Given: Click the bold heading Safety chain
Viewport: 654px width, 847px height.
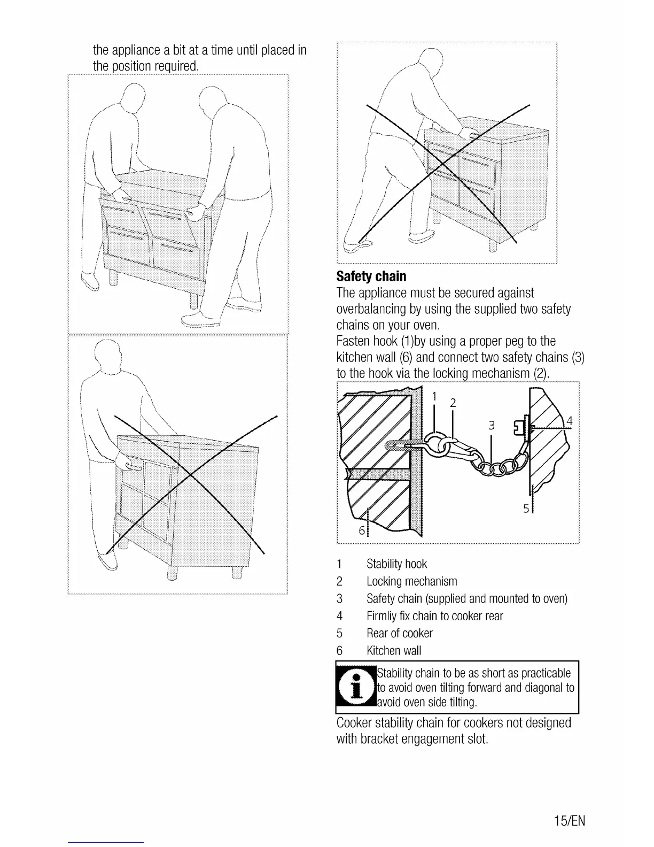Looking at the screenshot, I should (371, 276).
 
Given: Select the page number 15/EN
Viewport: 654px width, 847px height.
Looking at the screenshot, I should (569, 821).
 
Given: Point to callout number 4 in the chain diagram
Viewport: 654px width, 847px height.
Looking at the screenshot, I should (570, 421).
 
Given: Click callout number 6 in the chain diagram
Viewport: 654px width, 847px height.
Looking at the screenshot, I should (362, 530).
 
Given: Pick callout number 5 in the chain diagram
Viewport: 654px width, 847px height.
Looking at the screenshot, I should (526, 509).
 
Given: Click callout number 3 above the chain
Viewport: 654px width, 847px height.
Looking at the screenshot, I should (492, 426).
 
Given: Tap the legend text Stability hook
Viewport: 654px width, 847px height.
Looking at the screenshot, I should (396, 564).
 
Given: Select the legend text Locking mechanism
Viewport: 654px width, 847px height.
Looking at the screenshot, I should (411, 581).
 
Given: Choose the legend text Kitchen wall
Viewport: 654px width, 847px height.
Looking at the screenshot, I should (393, 651).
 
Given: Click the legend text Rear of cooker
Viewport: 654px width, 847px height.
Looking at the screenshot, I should (399, 633).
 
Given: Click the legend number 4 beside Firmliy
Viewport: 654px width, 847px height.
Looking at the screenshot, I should (339, 616).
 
